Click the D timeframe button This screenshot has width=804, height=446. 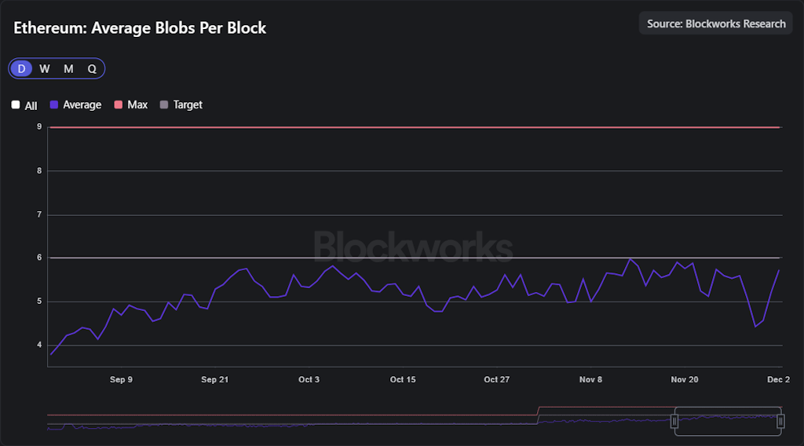pyautogui.click(x=21, y=68)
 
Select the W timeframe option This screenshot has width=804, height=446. pyautogui.click(x=45, y=68)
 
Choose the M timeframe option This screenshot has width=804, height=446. pyautogui.click(x=68, y=68)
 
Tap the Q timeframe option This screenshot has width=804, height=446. pyautogui.click(x=92, y=68)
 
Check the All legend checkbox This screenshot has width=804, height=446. pyautogui.click(x=16, y=104)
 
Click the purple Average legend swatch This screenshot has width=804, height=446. pyautogui.click(x=54, y=104)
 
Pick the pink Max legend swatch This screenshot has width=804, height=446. pyautogui.click(x=119, y=104)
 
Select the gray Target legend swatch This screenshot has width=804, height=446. pyautogui.click(x=164, y=104)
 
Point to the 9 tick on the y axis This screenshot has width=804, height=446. pyautogui.click(x=39, y=126)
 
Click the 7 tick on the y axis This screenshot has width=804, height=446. pyautogui.click(x=39, y=214)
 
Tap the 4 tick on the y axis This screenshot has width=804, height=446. pyautogui.click(x=39, y=345)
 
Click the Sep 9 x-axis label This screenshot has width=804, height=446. pyautogui.click(x=121, y=379)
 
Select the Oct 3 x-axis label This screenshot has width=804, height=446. pyautogui.click(x=309, y=379)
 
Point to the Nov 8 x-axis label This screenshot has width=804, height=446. pyautogui.click(x=590, y=379)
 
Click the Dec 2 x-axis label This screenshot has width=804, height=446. pyautogui.click(x=778, y=379)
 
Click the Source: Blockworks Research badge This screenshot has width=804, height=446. pyautogui.click(x=716, y=24)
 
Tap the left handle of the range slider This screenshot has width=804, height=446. pyautogui.click(x=674, y=422)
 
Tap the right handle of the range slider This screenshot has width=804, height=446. pyautogui.click(x=780, y=422)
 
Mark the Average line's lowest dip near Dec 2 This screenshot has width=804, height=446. pyautogui.click(x=755, y=327)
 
